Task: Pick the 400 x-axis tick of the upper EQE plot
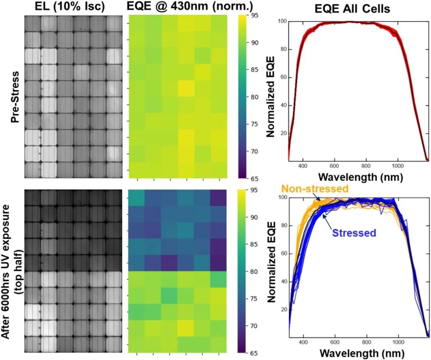[x=303, y=166]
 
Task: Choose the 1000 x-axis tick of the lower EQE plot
[x=398, y=342]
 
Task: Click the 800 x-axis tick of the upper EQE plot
[x=366, y=166]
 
